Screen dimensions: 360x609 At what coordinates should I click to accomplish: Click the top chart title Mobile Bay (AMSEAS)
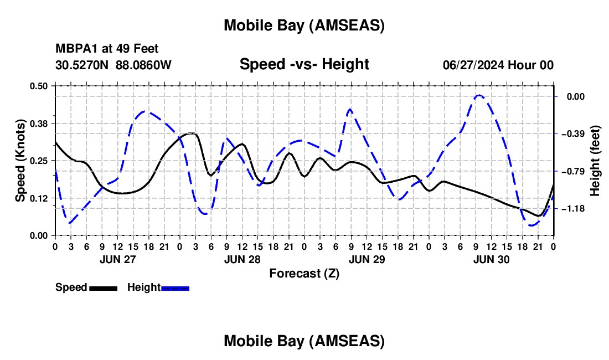pos(304,25)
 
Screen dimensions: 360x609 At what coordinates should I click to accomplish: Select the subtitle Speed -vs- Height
pos(304,64)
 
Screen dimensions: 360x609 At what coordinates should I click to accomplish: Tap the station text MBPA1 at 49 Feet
pos(107,49)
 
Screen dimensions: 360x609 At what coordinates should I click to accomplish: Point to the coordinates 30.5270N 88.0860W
pos(113,65)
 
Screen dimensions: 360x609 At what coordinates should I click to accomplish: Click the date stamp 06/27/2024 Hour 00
pos(498,65)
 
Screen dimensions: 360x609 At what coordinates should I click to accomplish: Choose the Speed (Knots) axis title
pos(20,160)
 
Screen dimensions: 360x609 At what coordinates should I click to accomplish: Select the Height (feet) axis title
pos(595,160)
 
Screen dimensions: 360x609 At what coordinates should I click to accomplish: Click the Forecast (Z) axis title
pos(304,273)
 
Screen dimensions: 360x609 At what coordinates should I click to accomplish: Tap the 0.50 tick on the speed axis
pos(39,86)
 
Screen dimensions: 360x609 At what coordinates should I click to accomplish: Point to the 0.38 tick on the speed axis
pos(39,123)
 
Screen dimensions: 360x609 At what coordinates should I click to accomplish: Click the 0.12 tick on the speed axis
pos(39,198)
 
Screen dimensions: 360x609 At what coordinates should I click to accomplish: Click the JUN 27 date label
pos(117,259)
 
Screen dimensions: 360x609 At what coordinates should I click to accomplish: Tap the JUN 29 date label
pos(367,259)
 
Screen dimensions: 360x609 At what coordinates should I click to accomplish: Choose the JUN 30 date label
pos(491,259)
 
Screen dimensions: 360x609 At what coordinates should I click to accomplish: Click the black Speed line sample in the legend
pos(103,288)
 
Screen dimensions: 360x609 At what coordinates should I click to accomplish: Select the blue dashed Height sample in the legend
pos(175,288)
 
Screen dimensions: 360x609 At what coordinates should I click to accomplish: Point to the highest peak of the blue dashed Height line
pos(479,95)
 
